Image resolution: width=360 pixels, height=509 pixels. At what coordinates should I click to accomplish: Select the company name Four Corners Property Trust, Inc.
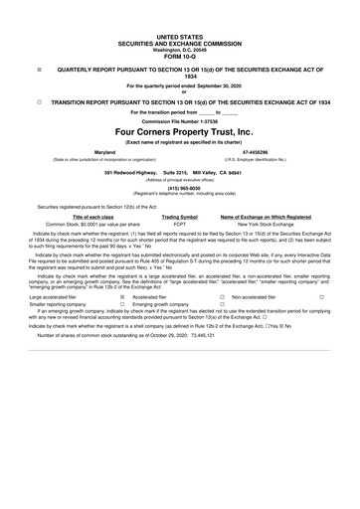pos(179,130)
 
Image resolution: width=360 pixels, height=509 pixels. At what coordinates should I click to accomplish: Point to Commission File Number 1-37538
pos(179,119)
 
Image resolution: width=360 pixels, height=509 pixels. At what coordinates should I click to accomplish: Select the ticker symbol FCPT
pos(179,224)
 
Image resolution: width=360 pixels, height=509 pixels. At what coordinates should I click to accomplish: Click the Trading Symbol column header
pos(179,216)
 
